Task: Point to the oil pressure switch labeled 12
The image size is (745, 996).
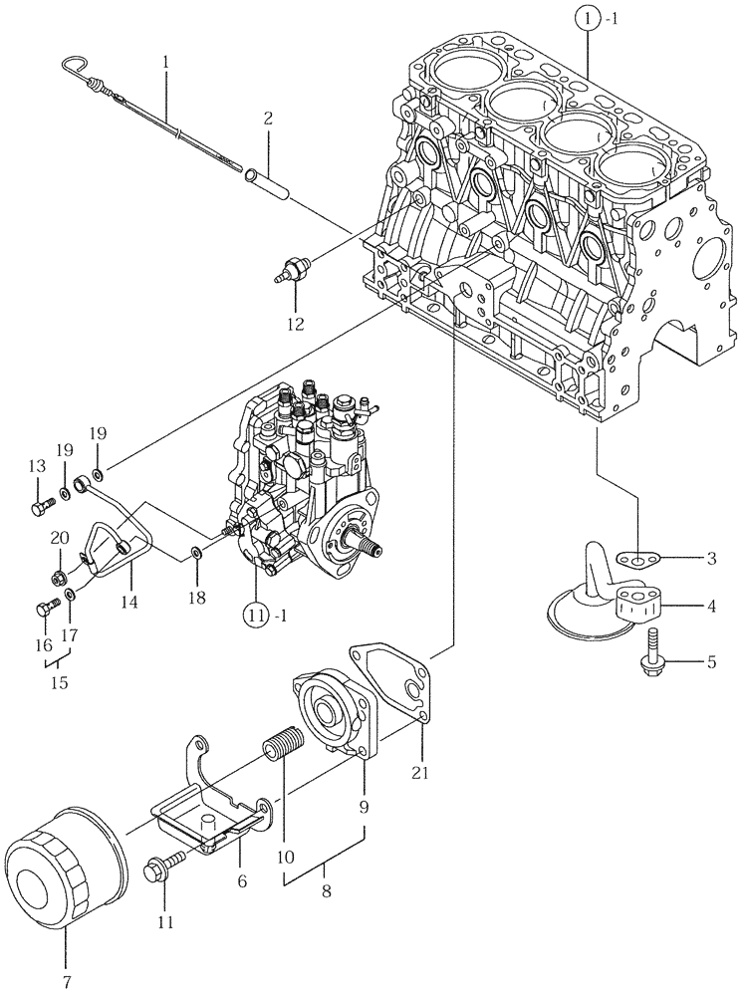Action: [295, 267]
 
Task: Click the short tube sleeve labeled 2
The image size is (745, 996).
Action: [271, 185]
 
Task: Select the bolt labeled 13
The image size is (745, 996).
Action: [40, 508]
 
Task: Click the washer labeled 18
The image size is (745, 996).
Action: [197, 552]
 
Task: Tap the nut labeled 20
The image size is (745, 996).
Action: [59, 575]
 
